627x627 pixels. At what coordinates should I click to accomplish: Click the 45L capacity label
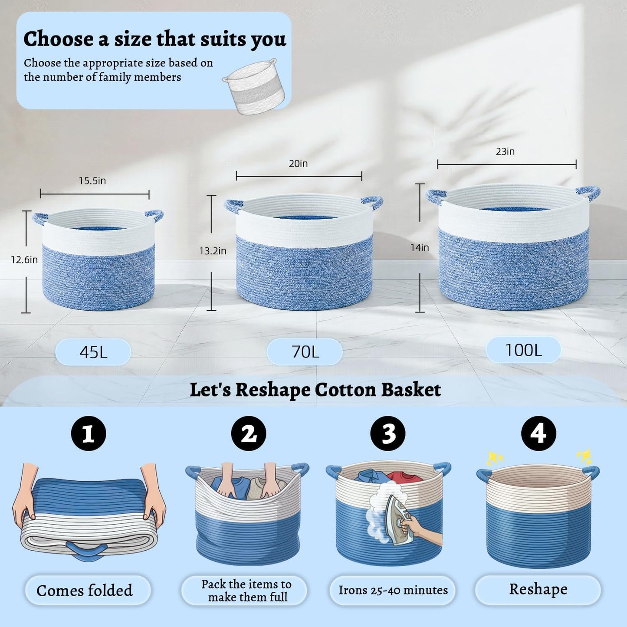click(x=93, y=352)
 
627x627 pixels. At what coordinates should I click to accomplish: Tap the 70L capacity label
click(x=305, y=352)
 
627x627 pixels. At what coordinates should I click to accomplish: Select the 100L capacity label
click(x=523, y=350)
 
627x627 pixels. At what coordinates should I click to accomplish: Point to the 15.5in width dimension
click(x=92, y=181)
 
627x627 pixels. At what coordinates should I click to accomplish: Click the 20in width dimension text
click(x=298, y=164)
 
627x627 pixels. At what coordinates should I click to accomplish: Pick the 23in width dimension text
click(x=505, y=151)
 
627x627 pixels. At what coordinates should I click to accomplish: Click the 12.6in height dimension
click(x=24, y=259)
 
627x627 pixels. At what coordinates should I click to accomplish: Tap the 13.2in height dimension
click(x=213, y=251)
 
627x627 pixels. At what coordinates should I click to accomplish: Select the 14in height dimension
click(x=420, y=248)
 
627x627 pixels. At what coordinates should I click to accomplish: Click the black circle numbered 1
click(x=89, y=433)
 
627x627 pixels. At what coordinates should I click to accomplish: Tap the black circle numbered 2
click(x=249, y=433)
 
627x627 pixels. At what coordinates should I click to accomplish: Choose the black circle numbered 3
click(x=388, y=433)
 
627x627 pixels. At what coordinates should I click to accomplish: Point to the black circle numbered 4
click(x=538, y=433)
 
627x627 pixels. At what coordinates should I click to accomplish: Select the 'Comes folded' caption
click(x=85, y=590)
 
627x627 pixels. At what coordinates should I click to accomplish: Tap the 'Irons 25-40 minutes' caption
click(x=393, y=590)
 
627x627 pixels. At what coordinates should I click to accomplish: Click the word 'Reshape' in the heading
click(x=272, y=390)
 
